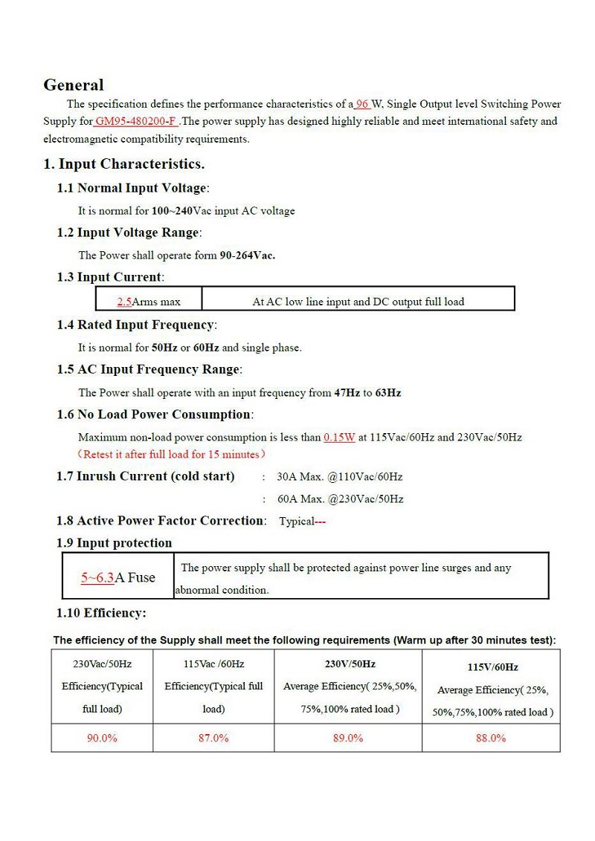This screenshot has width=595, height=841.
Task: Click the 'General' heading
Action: [74, 85]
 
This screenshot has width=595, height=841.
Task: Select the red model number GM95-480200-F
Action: [136, 121]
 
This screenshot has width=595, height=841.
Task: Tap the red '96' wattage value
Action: [363, 104]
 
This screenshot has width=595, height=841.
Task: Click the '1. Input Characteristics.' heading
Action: [124, 164]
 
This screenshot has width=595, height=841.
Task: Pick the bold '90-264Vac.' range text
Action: [247, 256]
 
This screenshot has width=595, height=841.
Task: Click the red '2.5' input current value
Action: [124, 302]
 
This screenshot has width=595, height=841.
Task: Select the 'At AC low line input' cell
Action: [358, 302]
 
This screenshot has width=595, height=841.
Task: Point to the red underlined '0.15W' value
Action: [339, 438]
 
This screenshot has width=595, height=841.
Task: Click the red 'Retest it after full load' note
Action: [172, 454]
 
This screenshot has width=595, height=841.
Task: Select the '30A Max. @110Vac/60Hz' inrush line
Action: [339, 477]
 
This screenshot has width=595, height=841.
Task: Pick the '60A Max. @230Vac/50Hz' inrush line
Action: [340, 499]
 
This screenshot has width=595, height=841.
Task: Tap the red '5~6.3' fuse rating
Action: [97, 577]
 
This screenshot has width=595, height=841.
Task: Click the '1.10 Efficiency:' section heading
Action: [101, 613]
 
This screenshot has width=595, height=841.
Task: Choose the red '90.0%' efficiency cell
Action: [102, 738]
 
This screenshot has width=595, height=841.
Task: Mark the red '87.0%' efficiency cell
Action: [213, 738]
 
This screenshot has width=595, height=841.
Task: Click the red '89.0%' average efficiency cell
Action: [348, 738]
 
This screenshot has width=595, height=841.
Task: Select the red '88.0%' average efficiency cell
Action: [491, 738]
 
